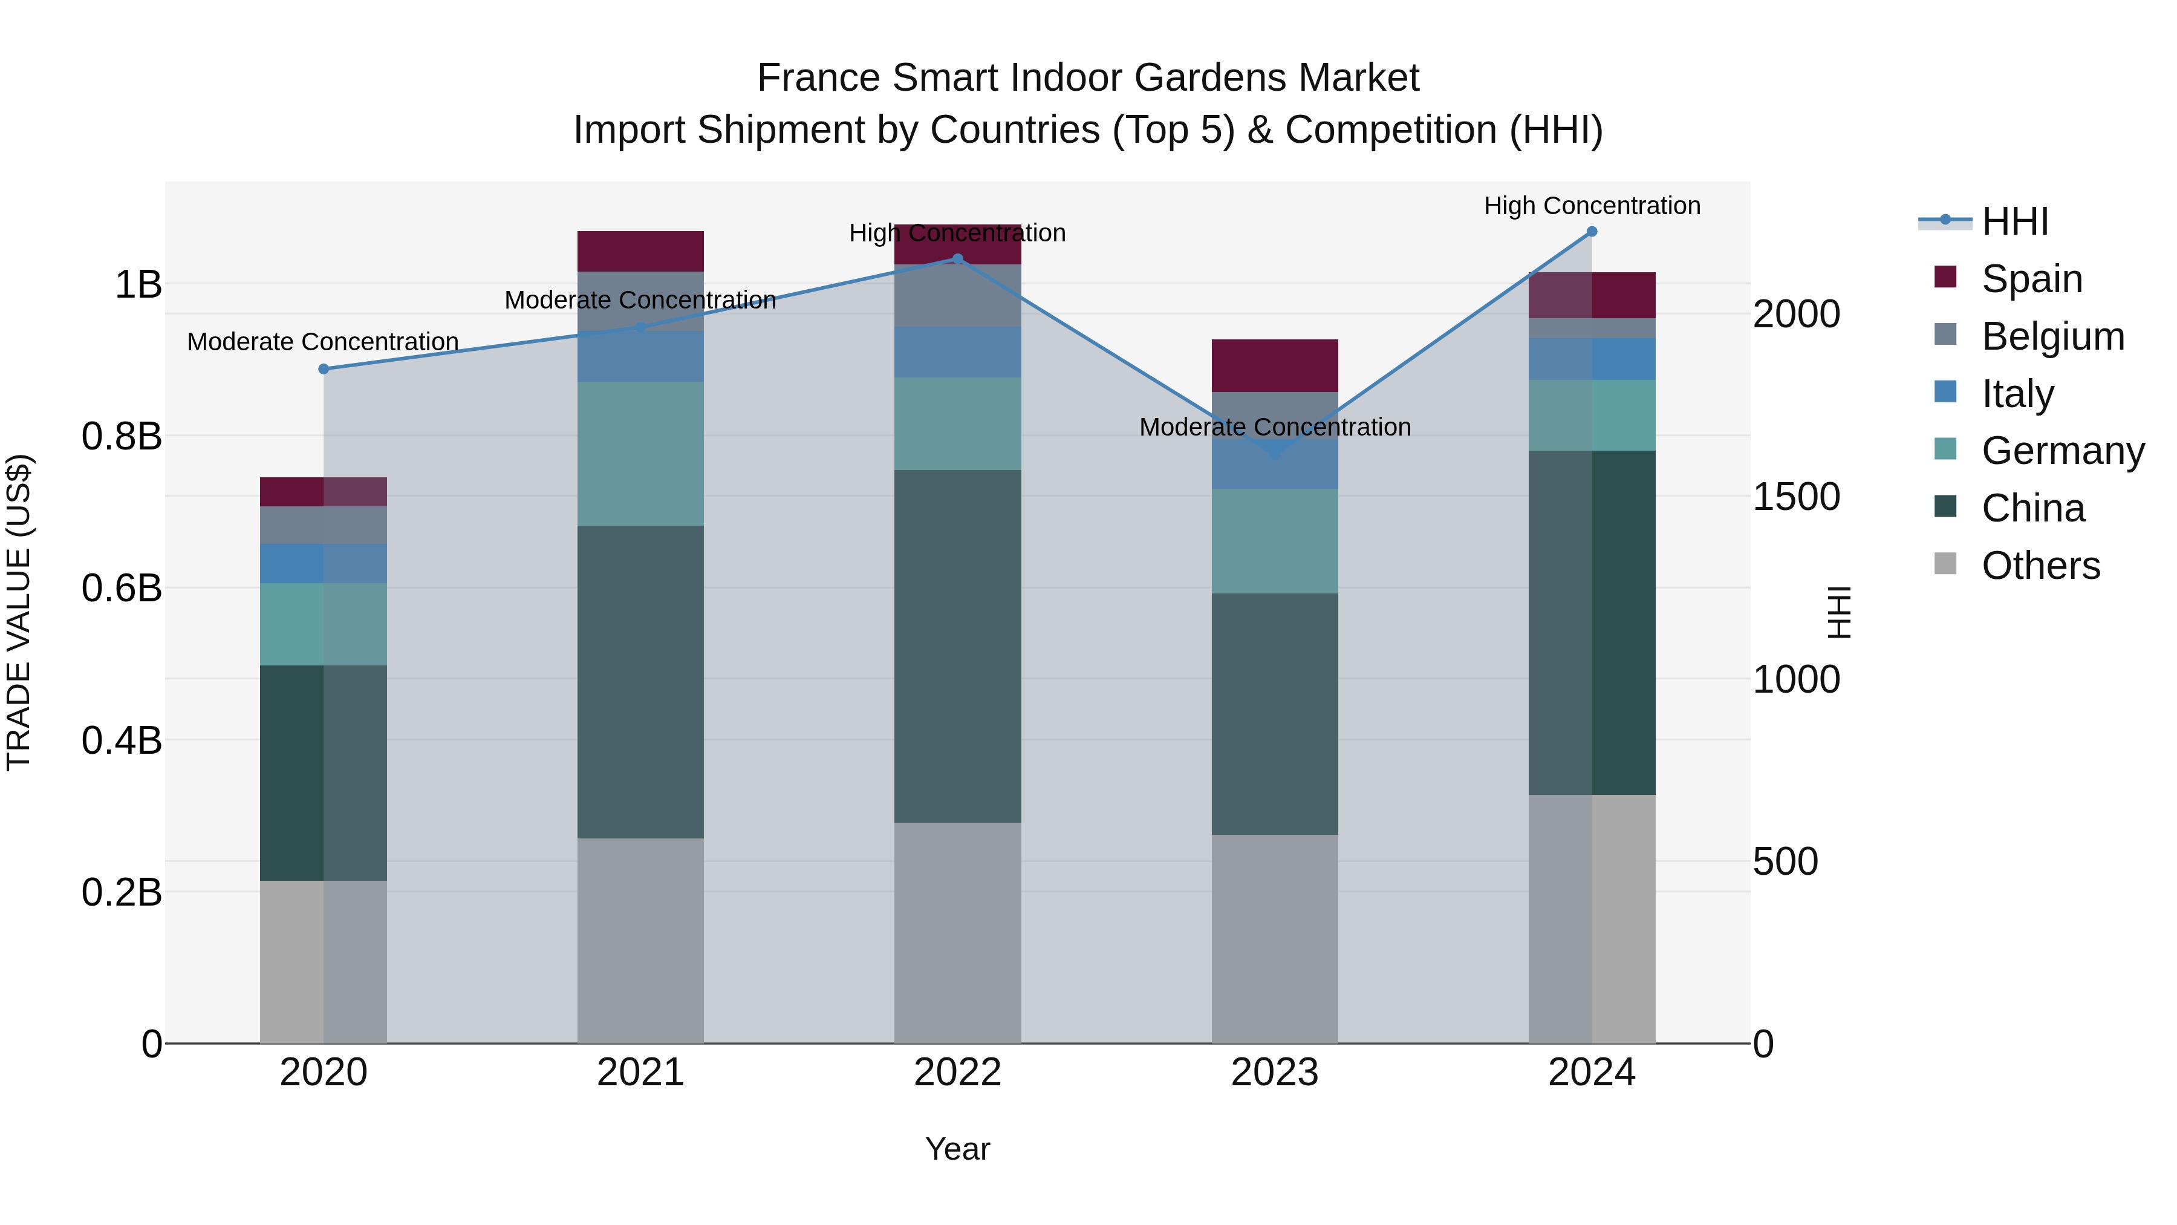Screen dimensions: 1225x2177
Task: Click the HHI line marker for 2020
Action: (324, 368)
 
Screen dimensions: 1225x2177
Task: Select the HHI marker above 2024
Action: (1592, 232)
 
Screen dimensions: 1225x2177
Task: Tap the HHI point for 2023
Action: (1275, 453)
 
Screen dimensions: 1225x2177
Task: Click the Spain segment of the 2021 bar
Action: (640, 251)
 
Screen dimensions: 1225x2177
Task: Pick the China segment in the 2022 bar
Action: (957, 646)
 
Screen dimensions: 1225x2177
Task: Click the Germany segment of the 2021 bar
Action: (640, 453)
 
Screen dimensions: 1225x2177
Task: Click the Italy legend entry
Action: (2017, 394)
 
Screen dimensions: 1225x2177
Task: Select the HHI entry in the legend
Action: (2015, 221)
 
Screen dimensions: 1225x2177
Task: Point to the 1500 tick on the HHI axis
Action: (1796, 497)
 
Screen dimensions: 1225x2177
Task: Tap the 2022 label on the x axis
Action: (957, 1073)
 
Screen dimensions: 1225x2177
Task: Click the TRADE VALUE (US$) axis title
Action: (19, 612)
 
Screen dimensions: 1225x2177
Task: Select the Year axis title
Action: (957, 1149)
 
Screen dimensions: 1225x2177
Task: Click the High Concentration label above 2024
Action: (1592, 206)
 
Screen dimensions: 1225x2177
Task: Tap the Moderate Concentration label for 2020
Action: (323, 342)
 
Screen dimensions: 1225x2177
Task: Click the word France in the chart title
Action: (818, 78)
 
